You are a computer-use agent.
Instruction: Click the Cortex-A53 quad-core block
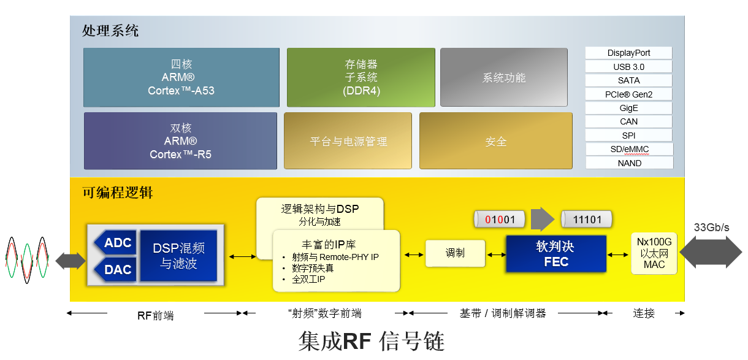[x=181, y=77]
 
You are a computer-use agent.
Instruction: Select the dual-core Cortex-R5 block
[x=180, y=140]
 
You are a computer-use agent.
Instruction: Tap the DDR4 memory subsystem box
[x=361, y=77]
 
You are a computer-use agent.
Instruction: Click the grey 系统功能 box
[x=504, y=77]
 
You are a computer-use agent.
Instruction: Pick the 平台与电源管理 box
[x=348, y=140]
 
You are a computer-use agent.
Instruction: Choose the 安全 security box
[x=496, y=140]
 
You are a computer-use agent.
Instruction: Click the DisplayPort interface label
[x=628, y=53]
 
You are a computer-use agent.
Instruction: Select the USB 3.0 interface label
[x=628, y=67]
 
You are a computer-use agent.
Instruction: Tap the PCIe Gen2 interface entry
[x=628, y=94]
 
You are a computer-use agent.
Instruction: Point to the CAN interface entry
[x=628, y=121]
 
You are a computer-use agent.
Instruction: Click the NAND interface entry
[x=630, y=163]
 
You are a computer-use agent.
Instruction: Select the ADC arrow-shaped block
[x=115, y=242]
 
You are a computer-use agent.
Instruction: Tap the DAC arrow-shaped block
[x=115, y=269]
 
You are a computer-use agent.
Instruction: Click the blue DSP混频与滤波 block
[x=178, y=256]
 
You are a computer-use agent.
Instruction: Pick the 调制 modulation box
[x=455, y=253]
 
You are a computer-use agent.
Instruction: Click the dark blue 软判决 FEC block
[x=556, y=254]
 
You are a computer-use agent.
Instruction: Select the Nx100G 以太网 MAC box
[x=654, y=253]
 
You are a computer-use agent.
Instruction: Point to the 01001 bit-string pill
[x=500, y=220]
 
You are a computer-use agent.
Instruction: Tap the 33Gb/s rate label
[x=711, y=228]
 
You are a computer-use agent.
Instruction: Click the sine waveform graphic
[x=28, y=260]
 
